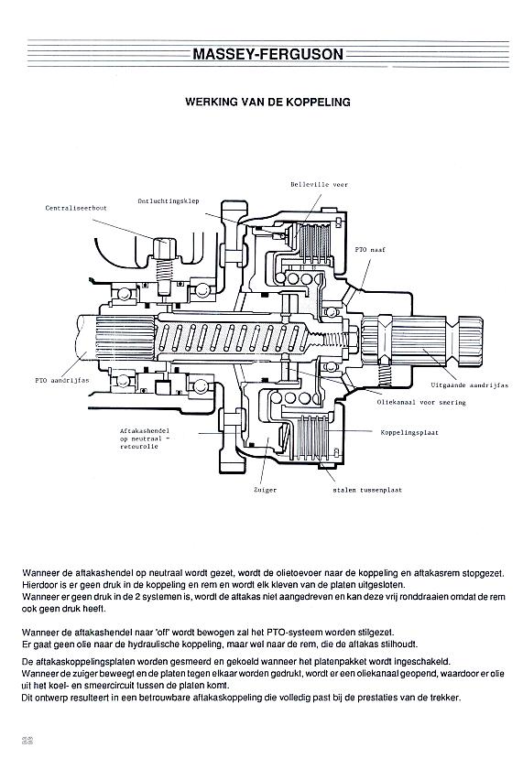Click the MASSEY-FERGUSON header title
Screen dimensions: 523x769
[x=267, y=53]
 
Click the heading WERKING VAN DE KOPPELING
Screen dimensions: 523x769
[x=267, y=102]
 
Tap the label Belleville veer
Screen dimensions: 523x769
[x=319, y=185]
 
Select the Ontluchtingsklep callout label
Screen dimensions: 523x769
[x=169, y=201]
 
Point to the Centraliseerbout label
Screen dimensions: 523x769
[x=76, y=208]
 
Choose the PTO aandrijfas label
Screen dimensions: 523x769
[x=61, y=381]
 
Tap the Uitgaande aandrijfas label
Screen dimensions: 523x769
[x=470, y=385]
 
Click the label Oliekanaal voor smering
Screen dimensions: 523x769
[x=421, y=402]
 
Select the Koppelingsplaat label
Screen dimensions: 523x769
[x=409, y=432]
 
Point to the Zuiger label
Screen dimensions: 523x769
[x=266, y=490]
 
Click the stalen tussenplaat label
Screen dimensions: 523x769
[x=367, y=490]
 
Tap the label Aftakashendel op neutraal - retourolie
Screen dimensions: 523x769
[x=145, y=439]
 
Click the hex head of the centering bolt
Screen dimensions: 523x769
[x=164, y=248]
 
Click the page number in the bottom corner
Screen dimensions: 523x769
[x=27, y=740]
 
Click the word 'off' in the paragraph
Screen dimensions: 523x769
[x=162, y=633]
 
